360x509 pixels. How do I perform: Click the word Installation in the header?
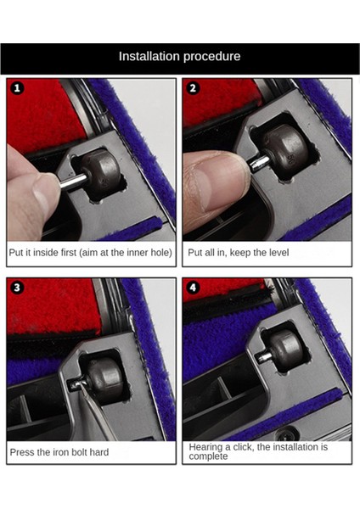[149, 56]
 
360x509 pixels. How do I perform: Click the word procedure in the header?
[212, 57]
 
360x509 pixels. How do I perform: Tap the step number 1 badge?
[17, 88]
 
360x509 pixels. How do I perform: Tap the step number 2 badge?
[193, 88]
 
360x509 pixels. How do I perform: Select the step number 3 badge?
[17, 288]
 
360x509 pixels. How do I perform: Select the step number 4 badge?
[193, 288]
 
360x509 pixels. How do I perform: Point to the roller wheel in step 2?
[285, 152]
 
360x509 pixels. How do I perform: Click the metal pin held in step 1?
[73, 182]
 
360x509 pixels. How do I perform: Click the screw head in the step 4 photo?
[287, 433]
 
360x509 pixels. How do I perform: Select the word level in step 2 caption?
[277, 253]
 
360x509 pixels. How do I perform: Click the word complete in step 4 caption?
[208, 456]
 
